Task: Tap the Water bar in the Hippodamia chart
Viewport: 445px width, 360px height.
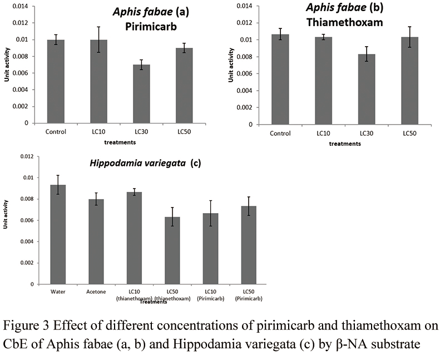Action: (x=58, y=234)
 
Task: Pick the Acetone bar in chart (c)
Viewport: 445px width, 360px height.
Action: (x=96, y=241)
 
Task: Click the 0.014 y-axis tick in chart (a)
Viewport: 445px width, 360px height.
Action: (x=25, y=6)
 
